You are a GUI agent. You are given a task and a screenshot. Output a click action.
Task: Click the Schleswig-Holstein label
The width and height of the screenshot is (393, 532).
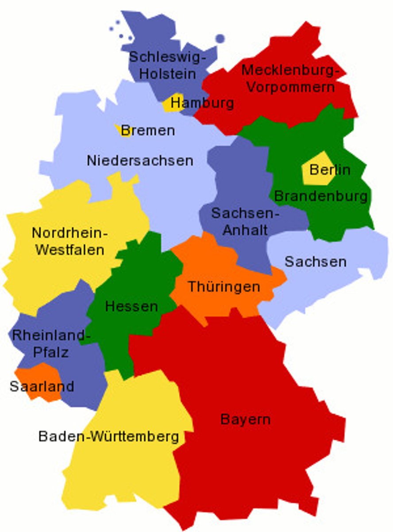[167, 65]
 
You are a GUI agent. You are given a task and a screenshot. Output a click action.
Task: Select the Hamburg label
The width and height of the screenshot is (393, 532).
[202, 103]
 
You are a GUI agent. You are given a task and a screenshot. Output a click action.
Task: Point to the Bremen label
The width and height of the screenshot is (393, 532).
[148, 130]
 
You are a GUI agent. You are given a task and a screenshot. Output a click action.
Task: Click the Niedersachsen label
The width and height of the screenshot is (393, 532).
[140, 160]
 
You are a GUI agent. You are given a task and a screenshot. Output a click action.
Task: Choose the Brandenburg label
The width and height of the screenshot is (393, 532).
[321, 196]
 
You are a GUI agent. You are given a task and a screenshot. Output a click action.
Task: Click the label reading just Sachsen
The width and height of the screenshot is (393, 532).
[315, 262]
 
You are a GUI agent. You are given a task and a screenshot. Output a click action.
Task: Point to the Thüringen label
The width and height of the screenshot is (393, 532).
[224, 286]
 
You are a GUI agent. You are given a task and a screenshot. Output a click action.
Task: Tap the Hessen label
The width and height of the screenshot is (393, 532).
[131, 306]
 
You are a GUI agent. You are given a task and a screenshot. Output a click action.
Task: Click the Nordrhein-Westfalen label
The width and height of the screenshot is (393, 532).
[70, 241]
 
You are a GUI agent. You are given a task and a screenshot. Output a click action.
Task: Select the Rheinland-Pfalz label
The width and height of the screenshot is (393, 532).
[48, 344]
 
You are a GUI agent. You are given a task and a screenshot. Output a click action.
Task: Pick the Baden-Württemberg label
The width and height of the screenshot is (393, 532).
[109, 436]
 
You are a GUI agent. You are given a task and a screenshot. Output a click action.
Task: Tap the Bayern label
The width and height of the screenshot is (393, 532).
[245, 419]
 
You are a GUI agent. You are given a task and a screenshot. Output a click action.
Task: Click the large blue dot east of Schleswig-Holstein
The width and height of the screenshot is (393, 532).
[220, 39]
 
